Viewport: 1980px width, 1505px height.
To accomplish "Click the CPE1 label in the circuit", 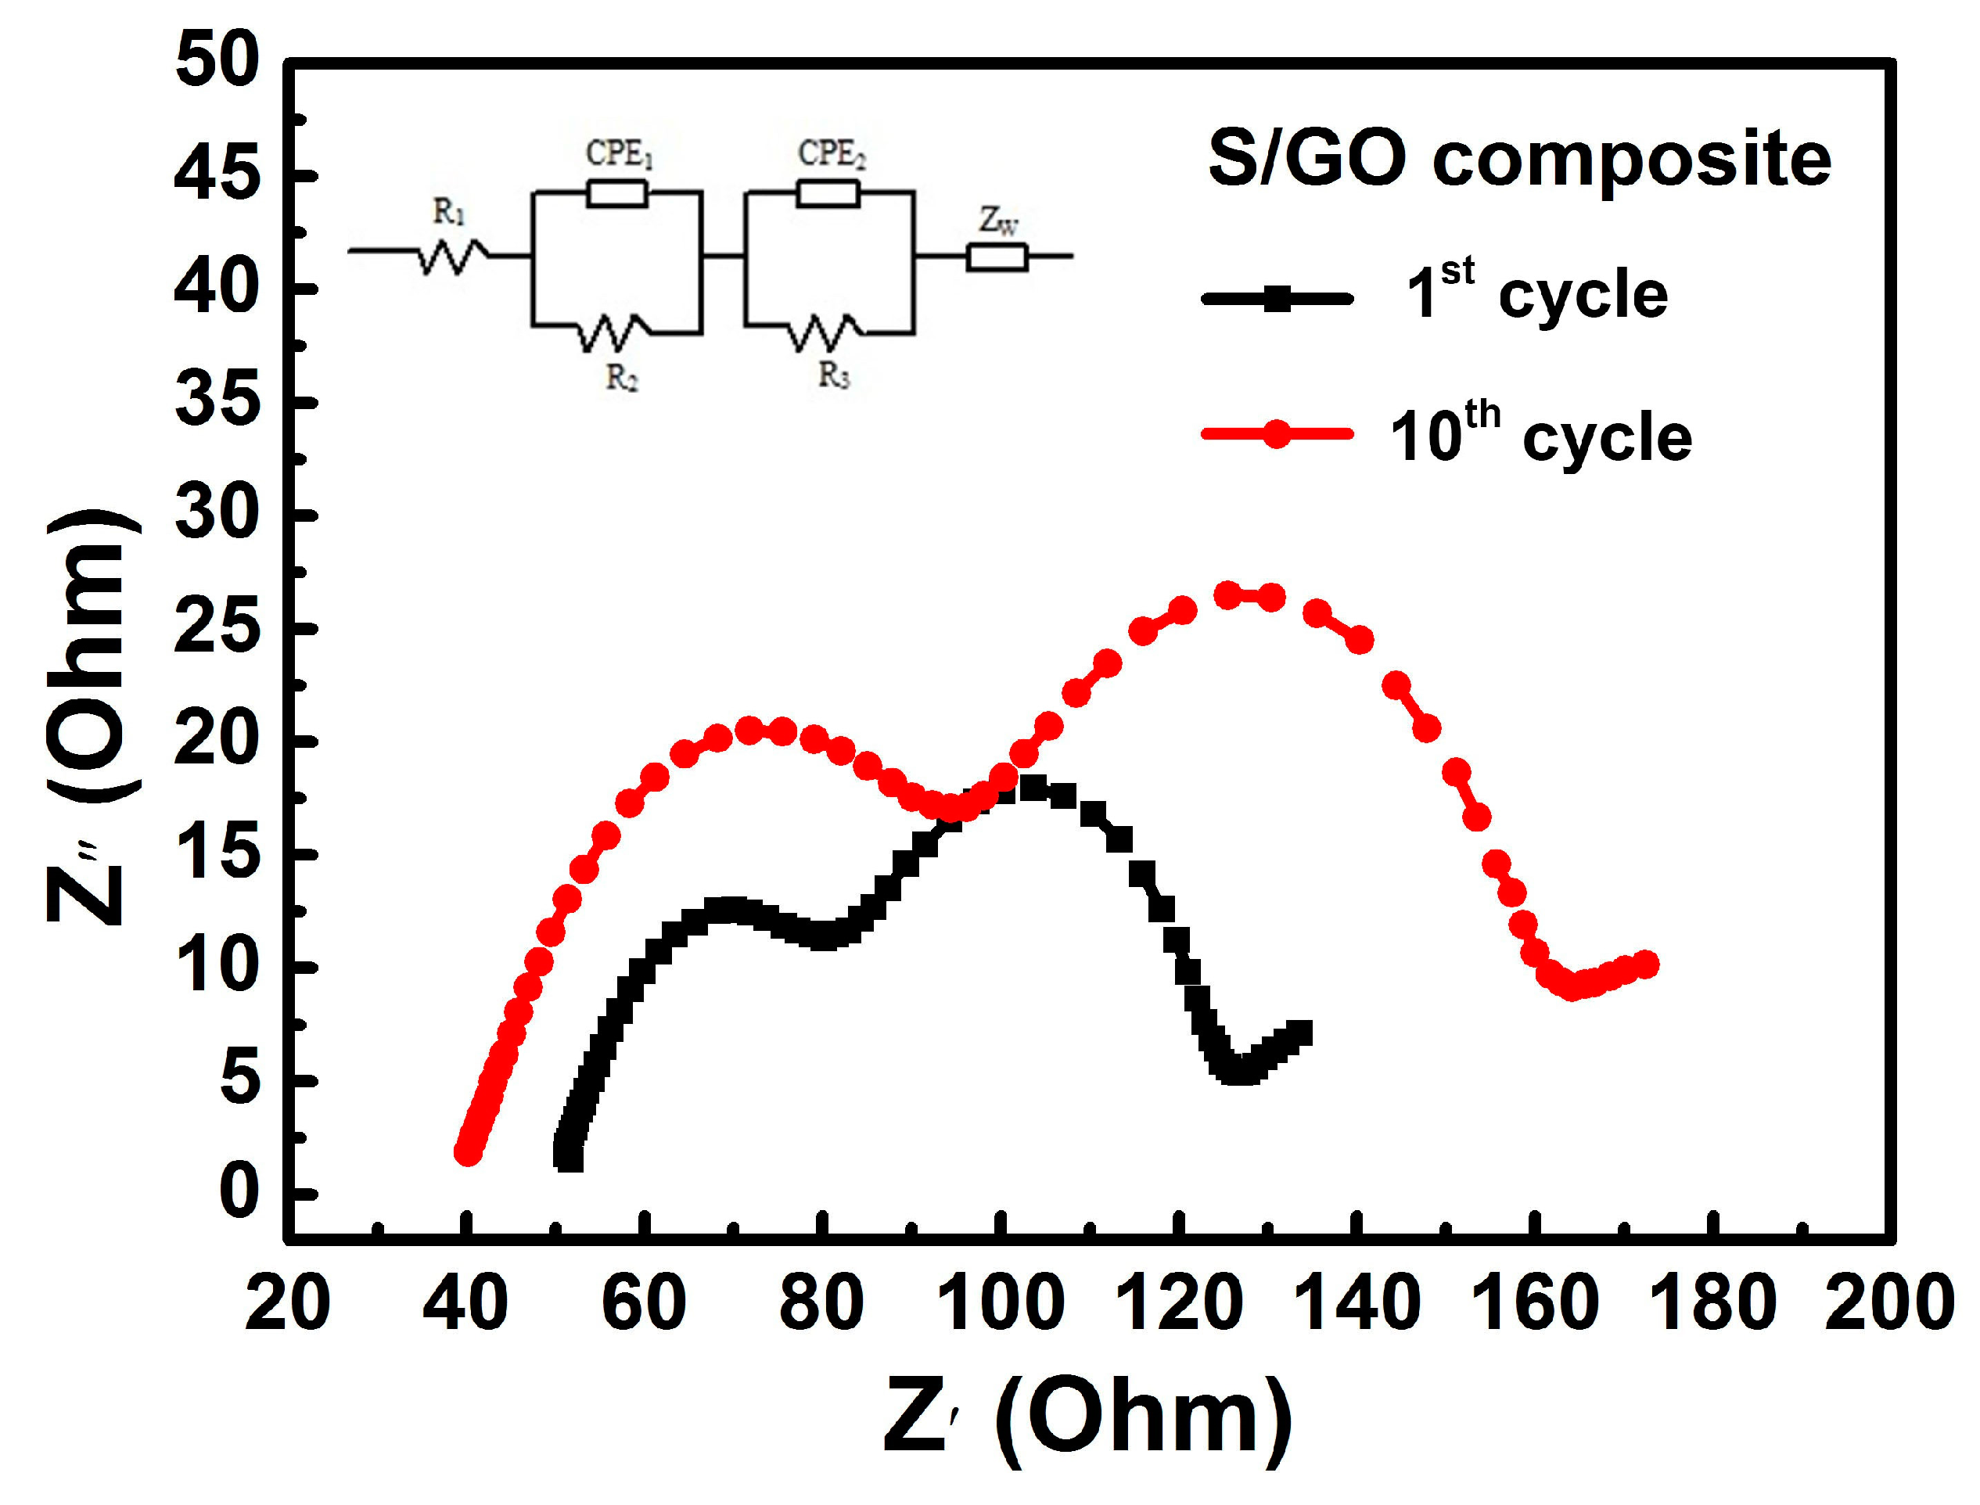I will tap(619, 154).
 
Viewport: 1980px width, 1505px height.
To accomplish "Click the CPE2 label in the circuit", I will tap(832, 154).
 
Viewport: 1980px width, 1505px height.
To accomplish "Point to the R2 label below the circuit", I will tap(622, 378).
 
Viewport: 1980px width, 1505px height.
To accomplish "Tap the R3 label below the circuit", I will tap(833, 376).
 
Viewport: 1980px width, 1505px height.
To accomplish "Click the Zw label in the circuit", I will tap(998, 221).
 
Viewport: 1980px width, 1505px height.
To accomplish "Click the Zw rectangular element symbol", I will tap(997, 258).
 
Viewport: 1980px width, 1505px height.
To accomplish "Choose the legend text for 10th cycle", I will tap(1540, 436).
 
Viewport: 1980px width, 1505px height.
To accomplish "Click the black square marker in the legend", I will tap(1277, 298).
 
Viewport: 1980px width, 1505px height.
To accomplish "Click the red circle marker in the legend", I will tap(1277, 434).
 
